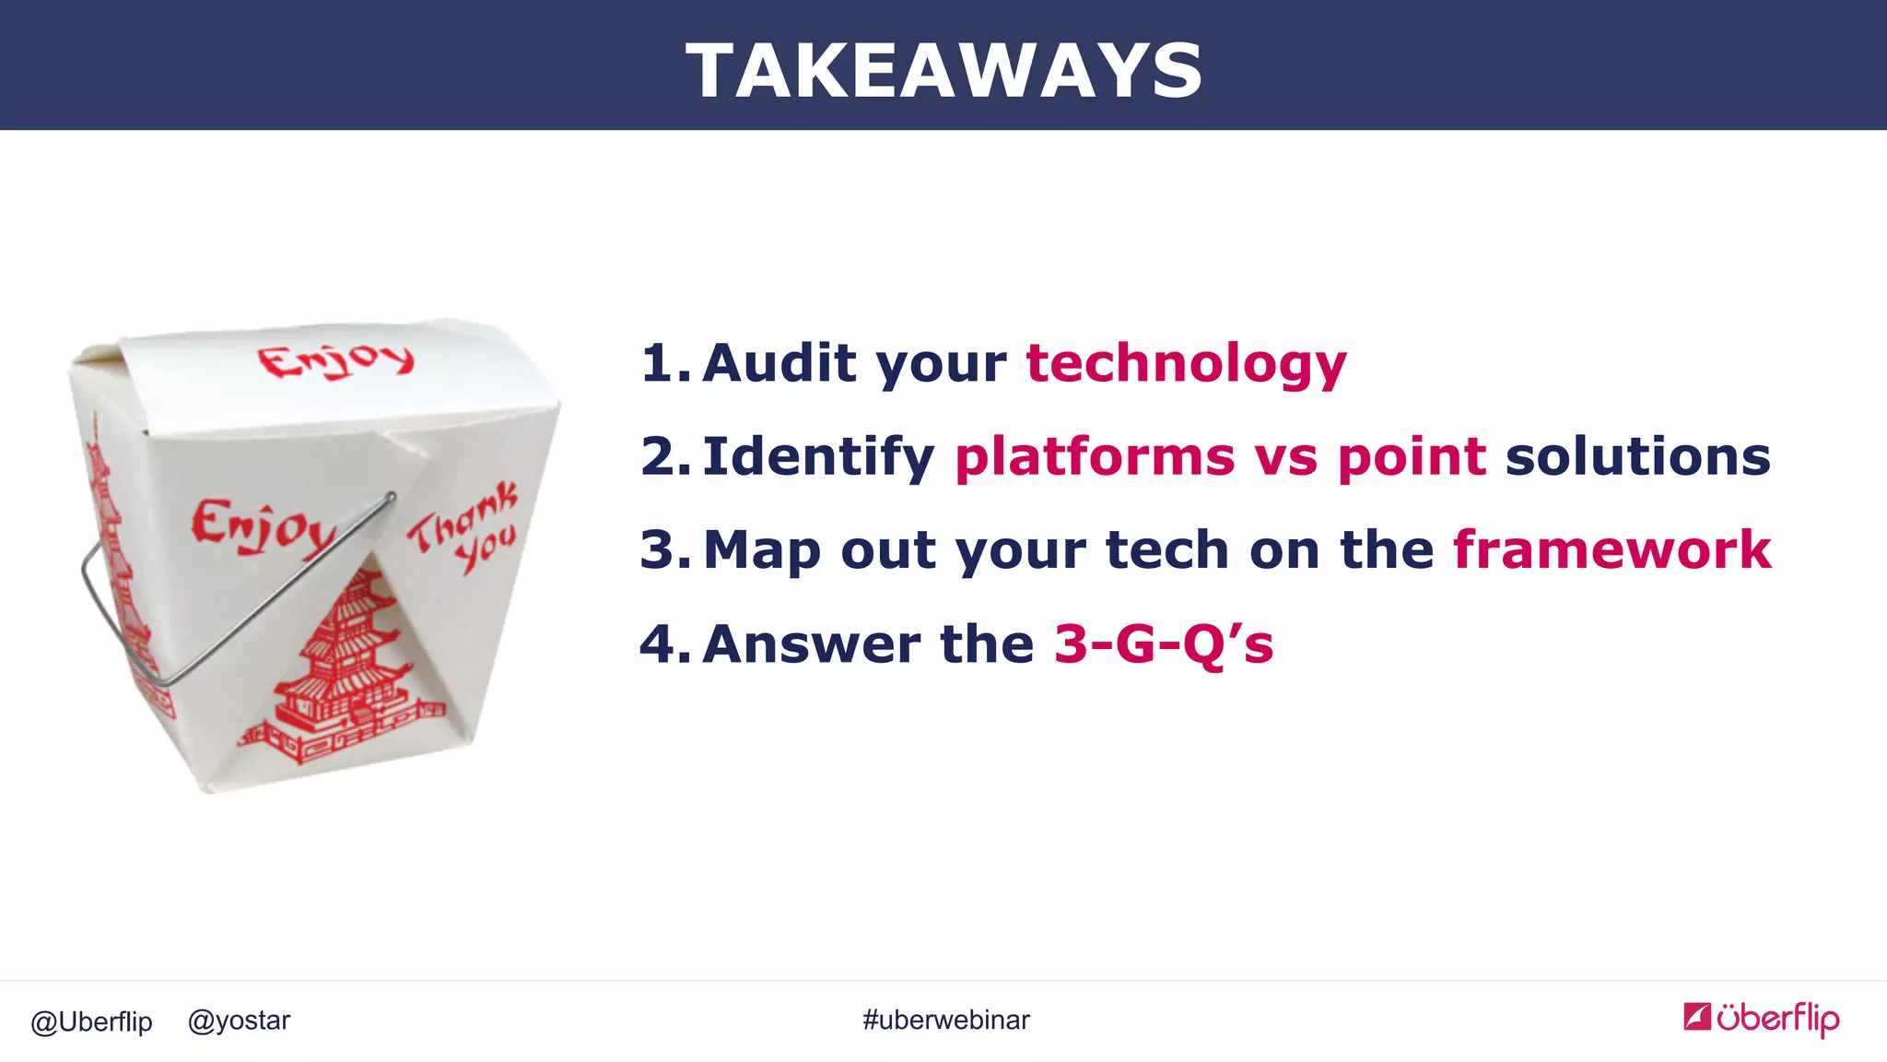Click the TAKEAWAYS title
click(943, 71)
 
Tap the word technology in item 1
click(1186, 363)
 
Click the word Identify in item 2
click(818, 457)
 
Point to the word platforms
click(1096, 457)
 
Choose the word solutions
click(1637, 456)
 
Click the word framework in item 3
click(1612, 550)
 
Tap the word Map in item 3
click(761, 550)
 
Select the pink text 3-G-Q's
click(1163, 643)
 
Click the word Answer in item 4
click(811, 643)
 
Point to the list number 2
click(663, 457)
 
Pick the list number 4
click(663, 643)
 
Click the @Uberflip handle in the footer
click(91, 1021)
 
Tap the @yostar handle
click(239, 1021)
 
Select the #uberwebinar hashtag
click(945, 1021)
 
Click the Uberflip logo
click(1761, 1019)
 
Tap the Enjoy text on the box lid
click(335, 361)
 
